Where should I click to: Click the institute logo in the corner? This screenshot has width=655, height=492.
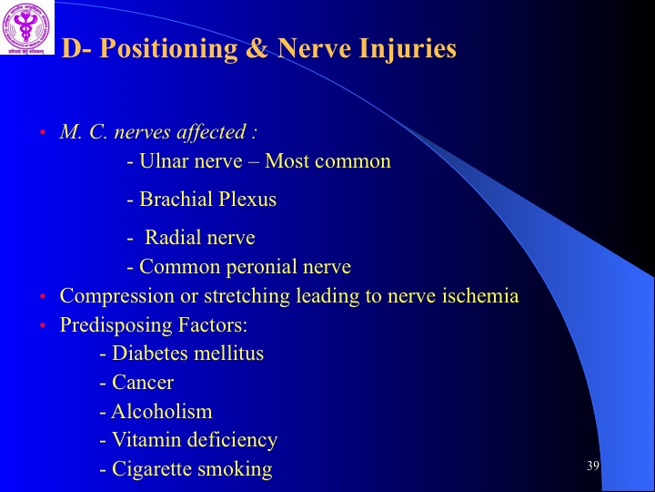tap(26, 27)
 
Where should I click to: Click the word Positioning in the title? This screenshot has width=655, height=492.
tap(169, 49)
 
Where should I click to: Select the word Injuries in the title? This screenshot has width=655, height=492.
tap(408, 49)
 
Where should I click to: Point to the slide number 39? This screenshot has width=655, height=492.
tap(593, 466)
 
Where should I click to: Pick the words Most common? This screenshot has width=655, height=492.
tap(327, 161)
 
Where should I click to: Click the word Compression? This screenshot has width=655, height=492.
tap(117, 296)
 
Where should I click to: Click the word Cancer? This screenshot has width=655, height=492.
tap(143, 383)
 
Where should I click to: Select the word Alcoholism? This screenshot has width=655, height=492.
tap(162, 411)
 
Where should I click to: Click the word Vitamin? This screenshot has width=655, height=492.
tap(146, 440)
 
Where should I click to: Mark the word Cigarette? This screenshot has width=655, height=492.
tap(152, 469)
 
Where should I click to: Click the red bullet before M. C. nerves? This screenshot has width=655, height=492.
tap(42, 133)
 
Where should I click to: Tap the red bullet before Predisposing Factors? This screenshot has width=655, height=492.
tap(42, 325)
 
